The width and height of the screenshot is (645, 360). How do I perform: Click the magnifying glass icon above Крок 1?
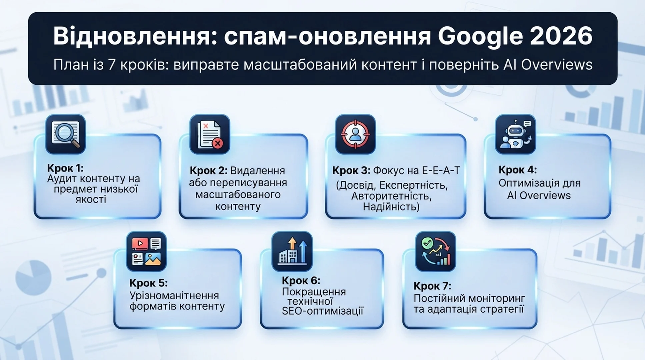click(66, 134)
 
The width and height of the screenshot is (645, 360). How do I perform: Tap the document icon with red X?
click(210, 134)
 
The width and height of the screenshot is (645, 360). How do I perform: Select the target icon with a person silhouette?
click(355, 134)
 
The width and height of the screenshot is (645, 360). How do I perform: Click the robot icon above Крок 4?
click(515, 134)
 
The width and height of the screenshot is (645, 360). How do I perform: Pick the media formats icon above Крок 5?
click(146, 252)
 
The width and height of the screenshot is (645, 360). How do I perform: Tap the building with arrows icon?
click(292, 252)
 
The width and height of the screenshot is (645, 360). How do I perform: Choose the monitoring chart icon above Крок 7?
click(435, 252)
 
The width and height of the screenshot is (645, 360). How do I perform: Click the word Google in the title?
click(480, 37)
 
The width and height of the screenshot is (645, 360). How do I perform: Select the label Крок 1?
click(65, 168)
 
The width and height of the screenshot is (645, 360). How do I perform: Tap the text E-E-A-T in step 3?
click(441, 171)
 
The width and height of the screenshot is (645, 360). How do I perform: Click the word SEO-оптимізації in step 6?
click(322, 311)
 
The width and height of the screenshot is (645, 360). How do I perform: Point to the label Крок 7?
click(432, 286)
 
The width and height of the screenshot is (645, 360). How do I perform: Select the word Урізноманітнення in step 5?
click(174, 296)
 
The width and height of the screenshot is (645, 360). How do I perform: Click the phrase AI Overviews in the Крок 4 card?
click(539, 195)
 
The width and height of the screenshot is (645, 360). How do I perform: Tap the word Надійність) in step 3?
click(391, 207)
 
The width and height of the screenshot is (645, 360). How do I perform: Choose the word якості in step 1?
click(91, 200)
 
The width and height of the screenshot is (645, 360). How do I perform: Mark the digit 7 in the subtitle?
click(112, 65)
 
